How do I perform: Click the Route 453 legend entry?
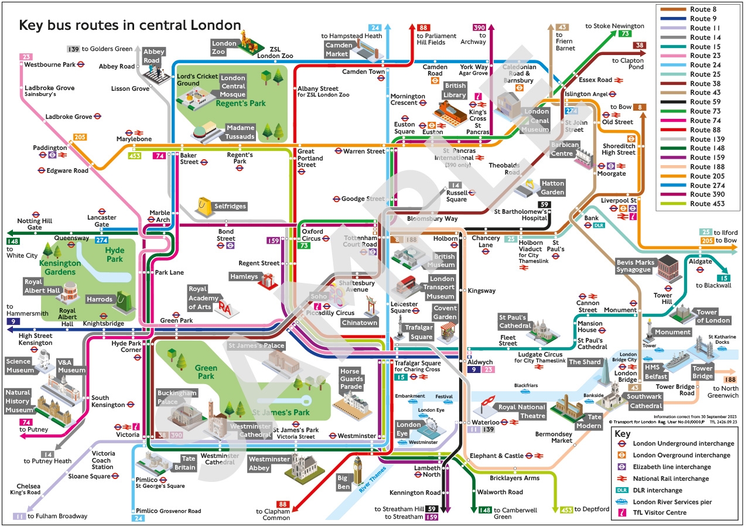[x=696, y=204]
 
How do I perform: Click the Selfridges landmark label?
[x=230, y=206]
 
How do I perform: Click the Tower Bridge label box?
[x=702, y=372]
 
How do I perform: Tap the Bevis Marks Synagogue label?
[x=634, y=266]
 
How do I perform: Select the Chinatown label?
[x=359, y=323]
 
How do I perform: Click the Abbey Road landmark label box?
[x=151, y=56]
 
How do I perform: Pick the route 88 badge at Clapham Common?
[x=283, y=504]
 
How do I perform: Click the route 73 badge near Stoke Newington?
[x=624, y=33]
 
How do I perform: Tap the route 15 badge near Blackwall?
[x=724, y=278]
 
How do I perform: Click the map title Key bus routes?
[x=130, y=25]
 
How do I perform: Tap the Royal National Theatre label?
[x=522, y=412]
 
